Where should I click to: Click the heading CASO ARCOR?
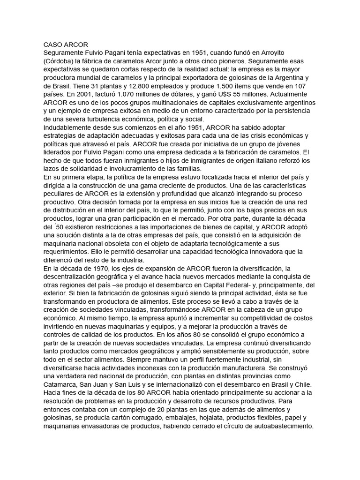[62, 44]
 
